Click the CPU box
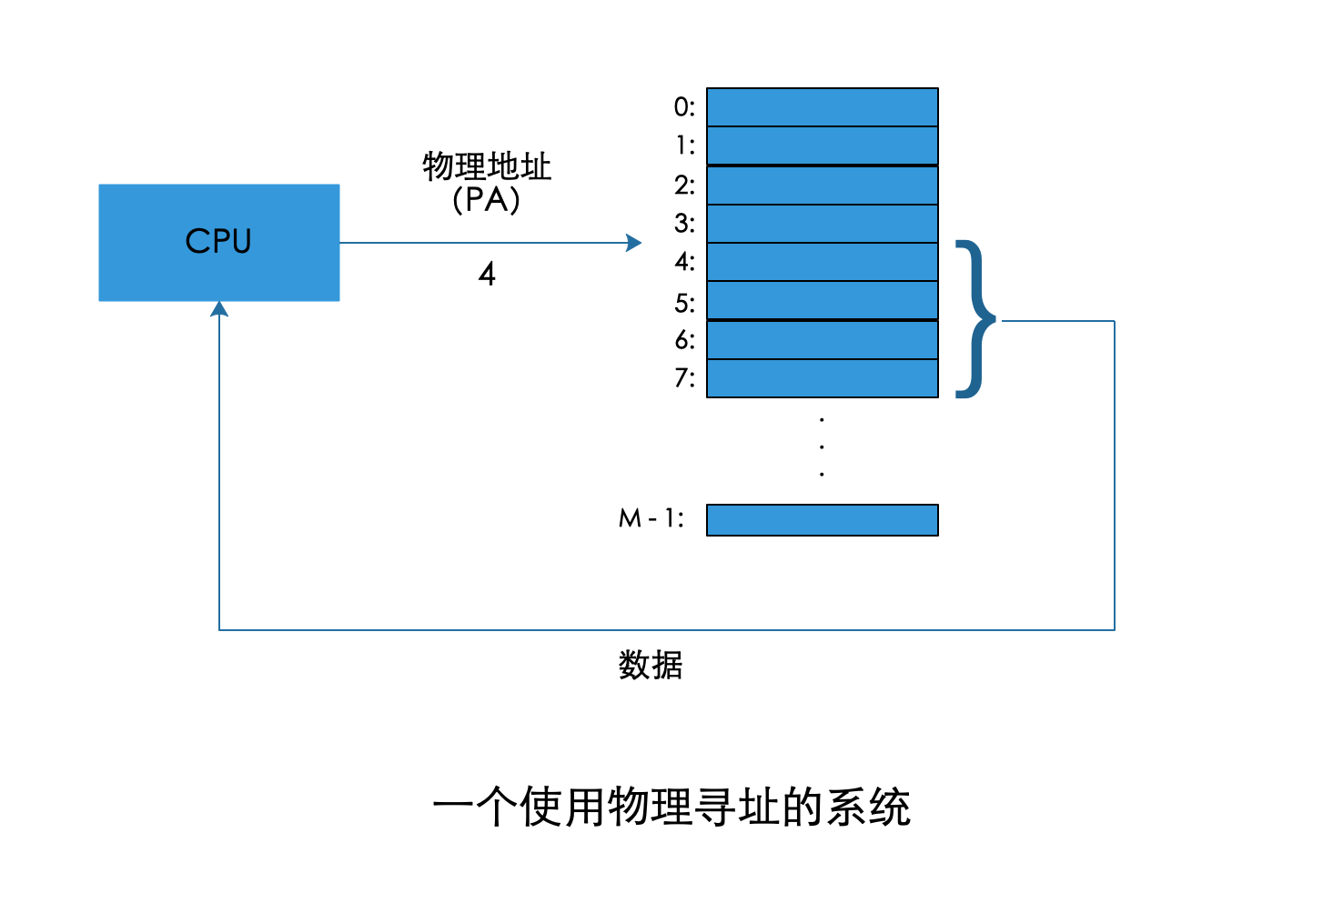tap(218, 242)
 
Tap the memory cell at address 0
tap(822, 106)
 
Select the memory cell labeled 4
tap(822, 262)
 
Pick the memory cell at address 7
tap(822, 378)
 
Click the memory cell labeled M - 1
tap(822, 520)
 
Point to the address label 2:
tap(684, 186)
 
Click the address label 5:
tap(684, 303)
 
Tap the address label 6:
tap(684, 340)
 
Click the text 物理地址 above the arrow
tap(487, 166)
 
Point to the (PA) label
tap(487, 199)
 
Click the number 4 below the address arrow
tap(487, 274)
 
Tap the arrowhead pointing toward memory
tap(634, 243)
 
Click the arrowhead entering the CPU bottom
tap(219, 309)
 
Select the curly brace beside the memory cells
tap(974, 319)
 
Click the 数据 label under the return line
tap(650, 665)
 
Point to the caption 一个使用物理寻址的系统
tap(671, 807)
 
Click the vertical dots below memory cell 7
tap(822, 446)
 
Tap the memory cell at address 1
tap(822, 145)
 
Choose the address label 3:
tap(684, 224)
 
